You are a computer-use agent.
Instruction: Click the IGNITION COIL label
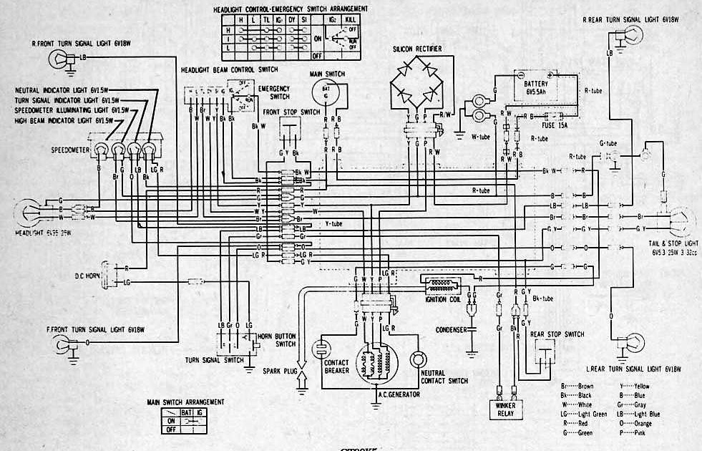443,299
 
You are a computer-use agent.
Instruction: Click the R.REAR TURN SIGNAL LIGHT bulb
634,34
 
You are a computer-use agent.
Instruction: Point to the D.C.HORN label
90,275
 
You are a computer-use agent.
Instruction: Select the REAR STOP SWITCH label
557,334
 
